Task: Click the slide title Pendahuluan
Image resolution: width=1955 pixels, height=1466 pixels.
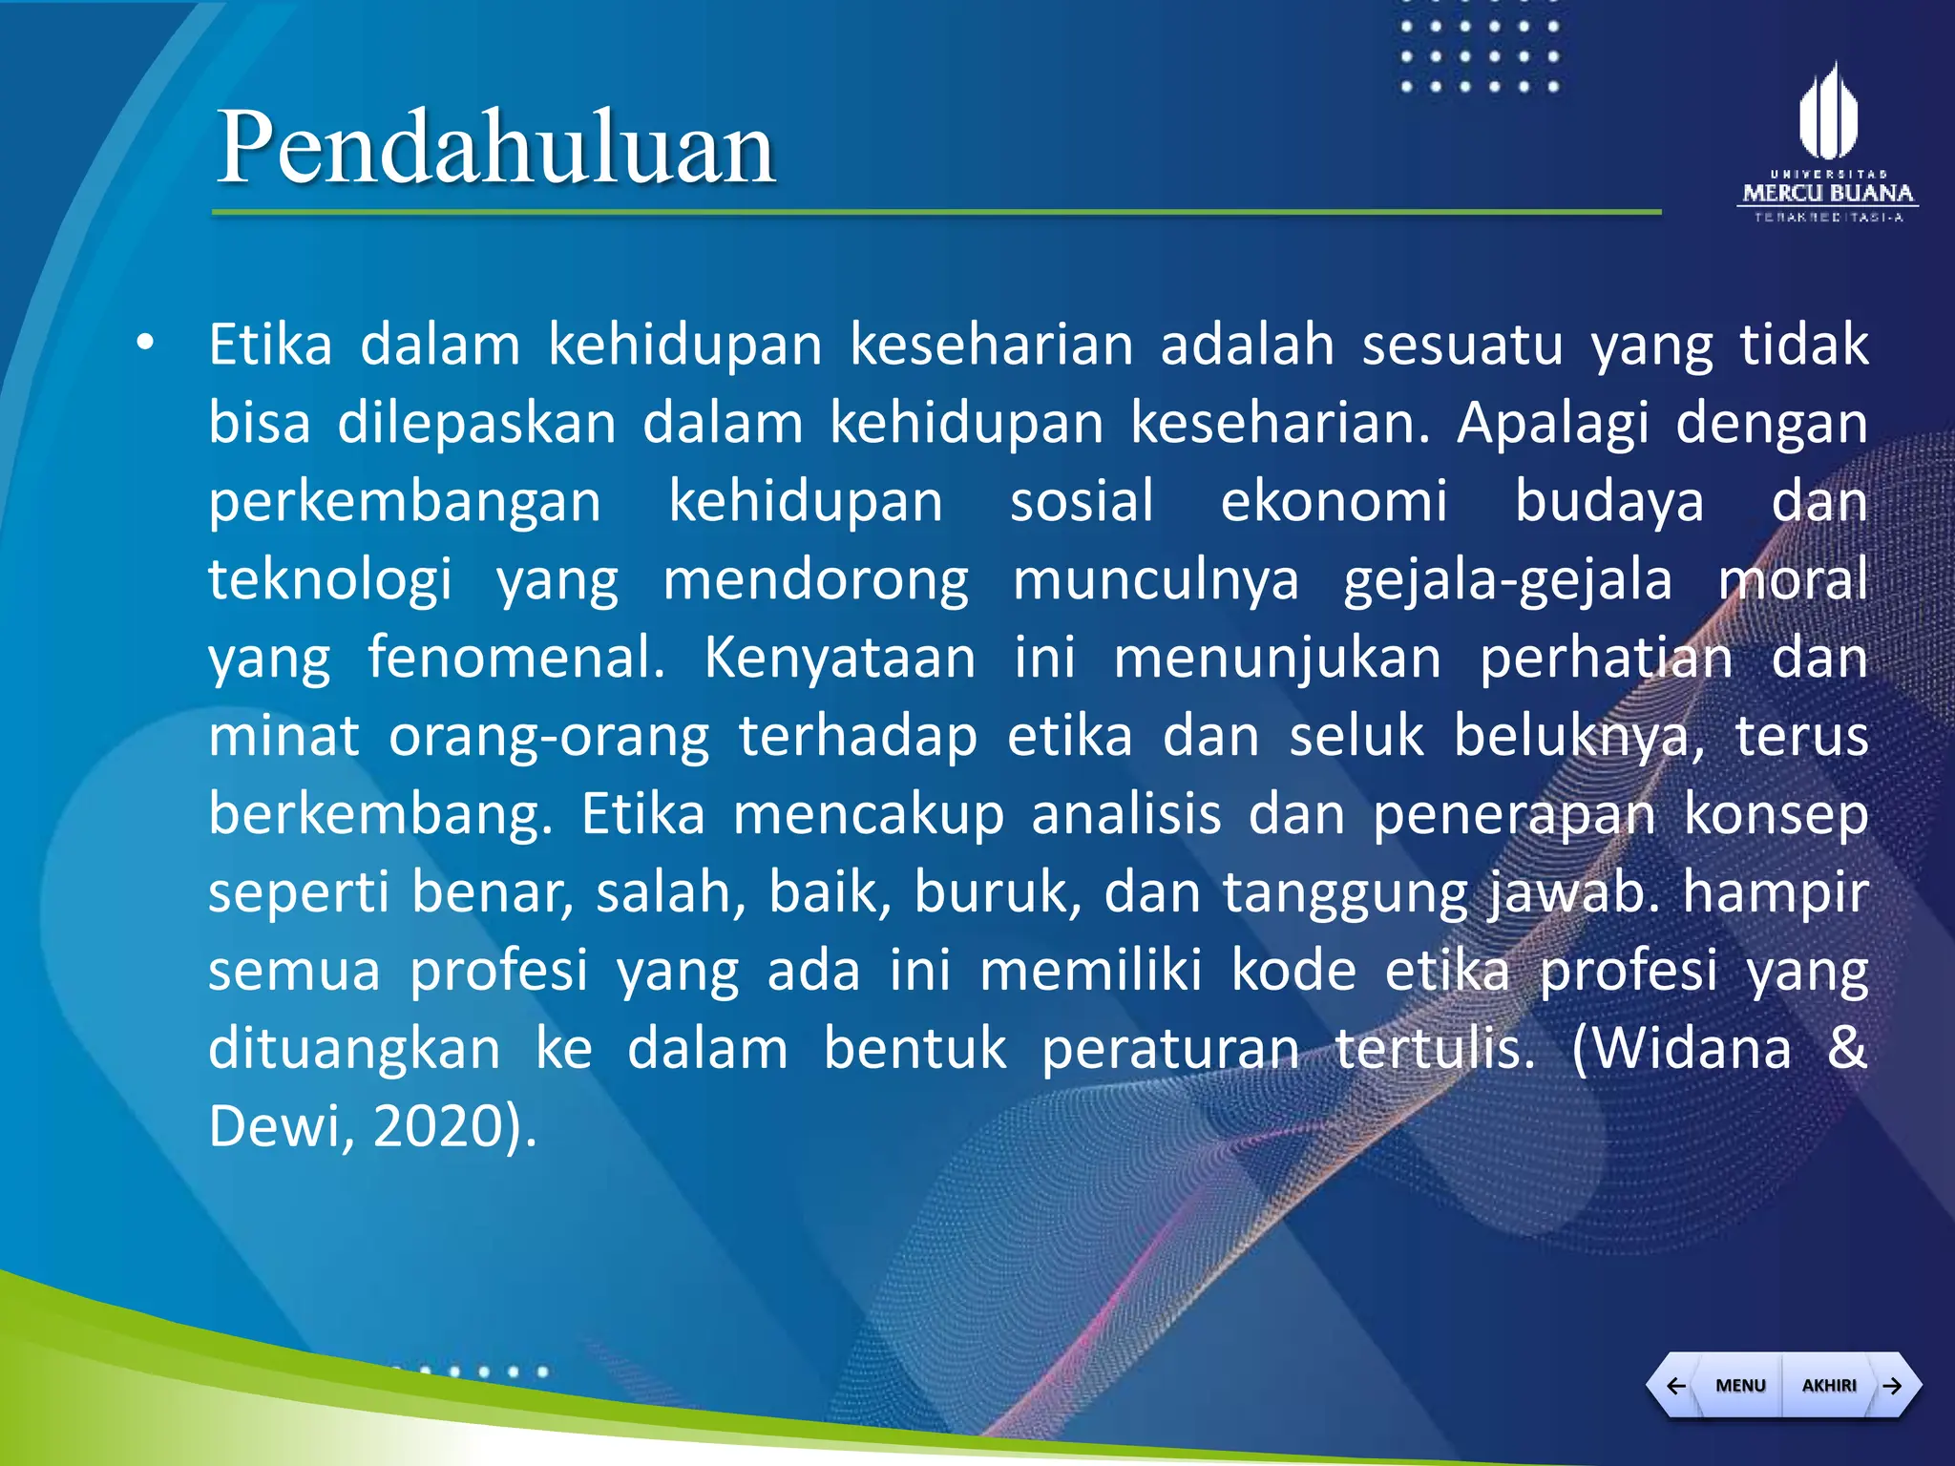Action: point(495,148)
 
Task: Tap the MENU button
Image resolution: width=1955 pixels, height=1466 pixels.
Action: point(1740,1385)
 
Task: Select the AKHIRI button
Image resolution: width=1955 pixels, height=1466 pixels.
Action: point(1829,1385)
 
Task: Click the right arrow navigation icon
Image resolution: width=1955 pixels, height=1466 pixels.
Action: point(1893,1385)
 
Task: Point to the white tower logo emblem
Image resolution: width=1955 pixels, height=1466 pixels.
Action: point(1828,112)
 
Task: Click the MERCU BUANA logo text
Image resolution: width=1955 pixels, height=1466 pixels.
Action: point(1828,194)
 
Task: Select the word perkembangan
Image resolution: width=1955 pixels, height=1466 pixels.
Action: point(405,501)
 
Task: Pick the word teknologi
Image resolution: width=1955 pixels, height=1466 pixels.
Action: point(330,579)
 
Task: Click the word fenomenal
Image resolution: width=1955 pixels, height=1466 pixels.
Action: point(516,658)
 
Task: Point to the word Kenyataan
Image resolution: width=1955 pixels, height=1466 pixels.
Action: point(840,658)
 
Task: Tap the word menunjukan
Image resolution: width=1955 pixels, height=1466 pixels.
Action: point(1277,658)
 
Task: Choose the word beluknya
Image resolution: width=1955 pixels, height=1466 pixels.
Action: point(1579,736)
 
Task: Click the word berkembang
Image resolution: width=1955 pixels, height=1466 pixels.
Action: point(380,814)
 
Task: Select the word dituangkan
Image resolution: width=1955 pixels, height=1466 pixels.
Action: point(354,1048)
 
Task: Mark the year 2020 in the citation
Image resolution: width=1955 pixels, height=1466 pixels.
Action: point(437,1126)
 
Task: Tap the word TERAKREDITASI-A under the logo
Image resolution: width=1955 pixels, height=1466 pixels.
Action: point(1828,218)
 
